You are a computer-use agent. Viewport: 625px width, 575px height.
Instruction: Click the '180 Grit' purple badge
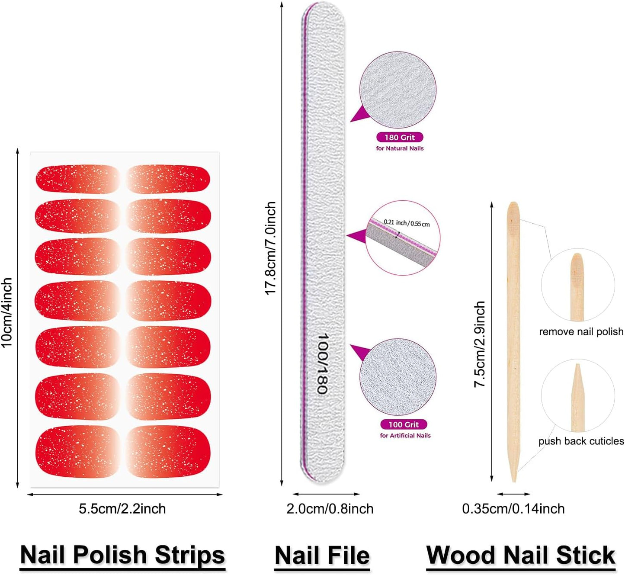(400, 138)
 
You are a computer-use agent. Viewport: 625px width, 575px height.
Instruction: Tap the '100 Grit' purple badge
(404, 424)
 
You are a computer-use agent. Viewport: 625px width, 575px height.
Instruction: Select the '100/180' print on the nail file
(322, 363)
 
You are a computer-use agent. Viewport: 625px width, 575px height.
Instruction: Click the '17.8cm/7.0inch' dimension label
(270, 248)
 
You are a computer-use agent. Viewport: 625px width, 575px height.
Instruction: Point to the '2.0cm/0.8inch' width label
(330, 509)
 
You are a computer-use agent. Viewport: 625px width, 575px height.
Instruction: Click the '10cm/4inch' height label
(7, 312)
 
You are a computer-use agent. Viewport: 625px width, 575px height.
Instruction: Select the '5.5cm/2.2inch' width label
(122, 509)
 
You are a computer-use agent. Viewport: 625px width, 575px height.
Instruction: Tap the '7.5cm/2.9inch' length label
(480, 344)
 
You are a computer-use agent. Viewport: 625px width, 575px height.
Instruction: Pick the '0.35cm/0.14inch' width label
(513, 509)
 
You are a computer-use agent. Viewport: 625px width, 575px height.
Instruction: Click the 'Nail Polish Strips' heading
(122, 555)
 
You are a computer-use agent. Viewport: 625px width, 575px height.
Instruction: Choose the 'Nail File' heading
(322, 555)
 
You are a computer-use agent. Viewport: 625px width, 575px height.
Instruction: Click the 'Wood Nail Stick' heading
(521, 555)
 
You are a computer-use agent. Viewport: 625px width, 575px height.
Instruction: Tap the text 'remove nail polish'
(581, 332)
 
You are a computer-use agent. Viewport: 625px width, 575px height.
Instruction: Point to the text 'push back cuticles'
(581, 441)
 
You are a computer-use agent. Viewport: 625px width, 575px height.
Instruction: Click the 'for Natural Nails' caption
(400, 148)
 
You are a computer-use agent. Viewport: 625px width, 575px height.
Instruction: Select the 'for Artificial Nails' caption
(405, 436)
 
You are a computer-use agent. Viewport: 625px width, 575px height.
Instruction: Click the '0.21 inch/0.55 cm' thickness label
(407, 223)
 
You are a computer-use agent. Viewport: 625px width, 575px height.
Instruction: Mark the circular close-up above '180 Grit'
(397, 90)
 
